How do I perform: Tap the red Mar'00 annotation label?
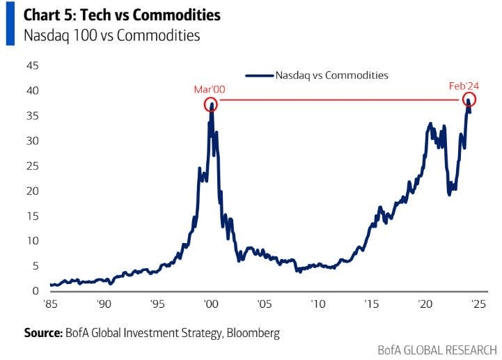[210, 89]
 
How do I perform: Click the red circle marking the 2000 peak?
[210, 104]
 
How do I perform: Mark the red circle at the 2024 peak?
[468, 101]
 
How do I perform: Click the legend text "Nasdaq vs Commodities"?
[331, 75]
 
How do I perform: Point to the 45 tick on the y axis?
[32, 66]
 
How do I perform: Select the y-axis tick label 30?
[32, 141]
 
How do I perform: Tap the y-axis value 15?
[32, 216]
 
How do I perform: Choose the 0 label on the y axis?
[35, 290]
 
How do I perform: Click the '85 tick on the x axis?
[50, 304]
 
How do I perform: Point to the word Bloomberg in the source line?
[253, 333]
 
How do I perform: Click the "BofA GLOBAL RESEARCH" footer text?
[437, 349]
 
